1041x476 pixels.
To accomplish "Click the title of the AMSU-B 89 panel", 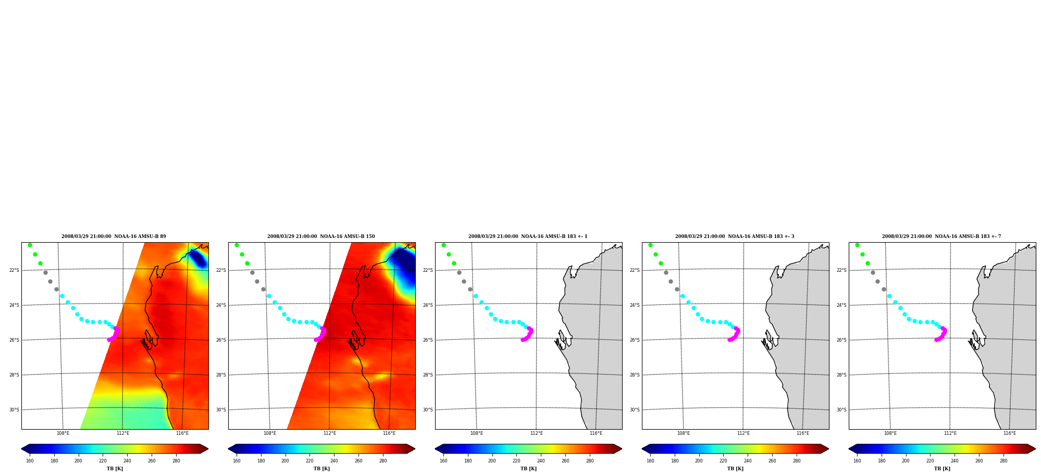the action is point(114,236).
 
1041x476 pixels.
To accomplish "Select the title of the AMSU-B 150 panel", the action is point(321,236).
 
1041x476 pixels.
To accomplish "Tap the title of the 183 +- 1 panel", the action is point(528,236).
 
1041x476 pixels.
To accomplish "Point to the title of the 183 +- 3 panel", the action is point(735,236).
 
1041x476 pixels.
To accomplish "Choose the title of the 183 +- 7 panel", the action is point(941,236).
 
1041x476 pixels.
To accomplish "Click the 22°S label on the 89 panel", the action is point(14,270).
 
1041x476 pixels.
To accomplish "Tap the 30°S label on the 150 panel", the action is point(221,410).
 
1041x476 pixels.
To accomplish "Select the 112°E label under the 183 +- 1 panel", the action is point(536,433).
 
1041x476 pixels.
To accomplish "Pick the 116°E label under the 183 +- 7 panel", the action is point(1009,433).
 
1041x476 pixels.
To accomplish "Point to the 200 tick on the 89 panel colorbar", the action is point(78,460).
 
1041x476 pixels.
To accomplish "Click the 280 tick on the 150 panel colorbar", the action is point(383,460).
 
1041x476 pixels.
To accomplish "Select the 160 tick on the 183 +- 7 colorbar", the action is point(857,460).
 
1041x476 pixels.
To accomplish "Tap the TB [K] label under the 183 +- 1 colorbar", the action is point(528,469).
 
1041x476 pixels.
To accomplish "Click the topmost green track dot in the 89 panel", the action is point(30,245).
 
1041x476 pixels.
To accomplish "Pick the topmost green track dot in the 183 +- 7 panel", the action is point(857,245).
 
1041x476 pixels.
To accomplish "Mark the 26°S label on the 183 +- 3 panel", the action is point(635,340).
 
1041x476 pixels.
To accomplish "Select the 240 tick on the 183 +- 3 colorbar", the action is point(748,460).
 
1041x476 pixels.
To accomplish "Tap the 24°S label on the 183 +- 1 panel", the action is point(428,305).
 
